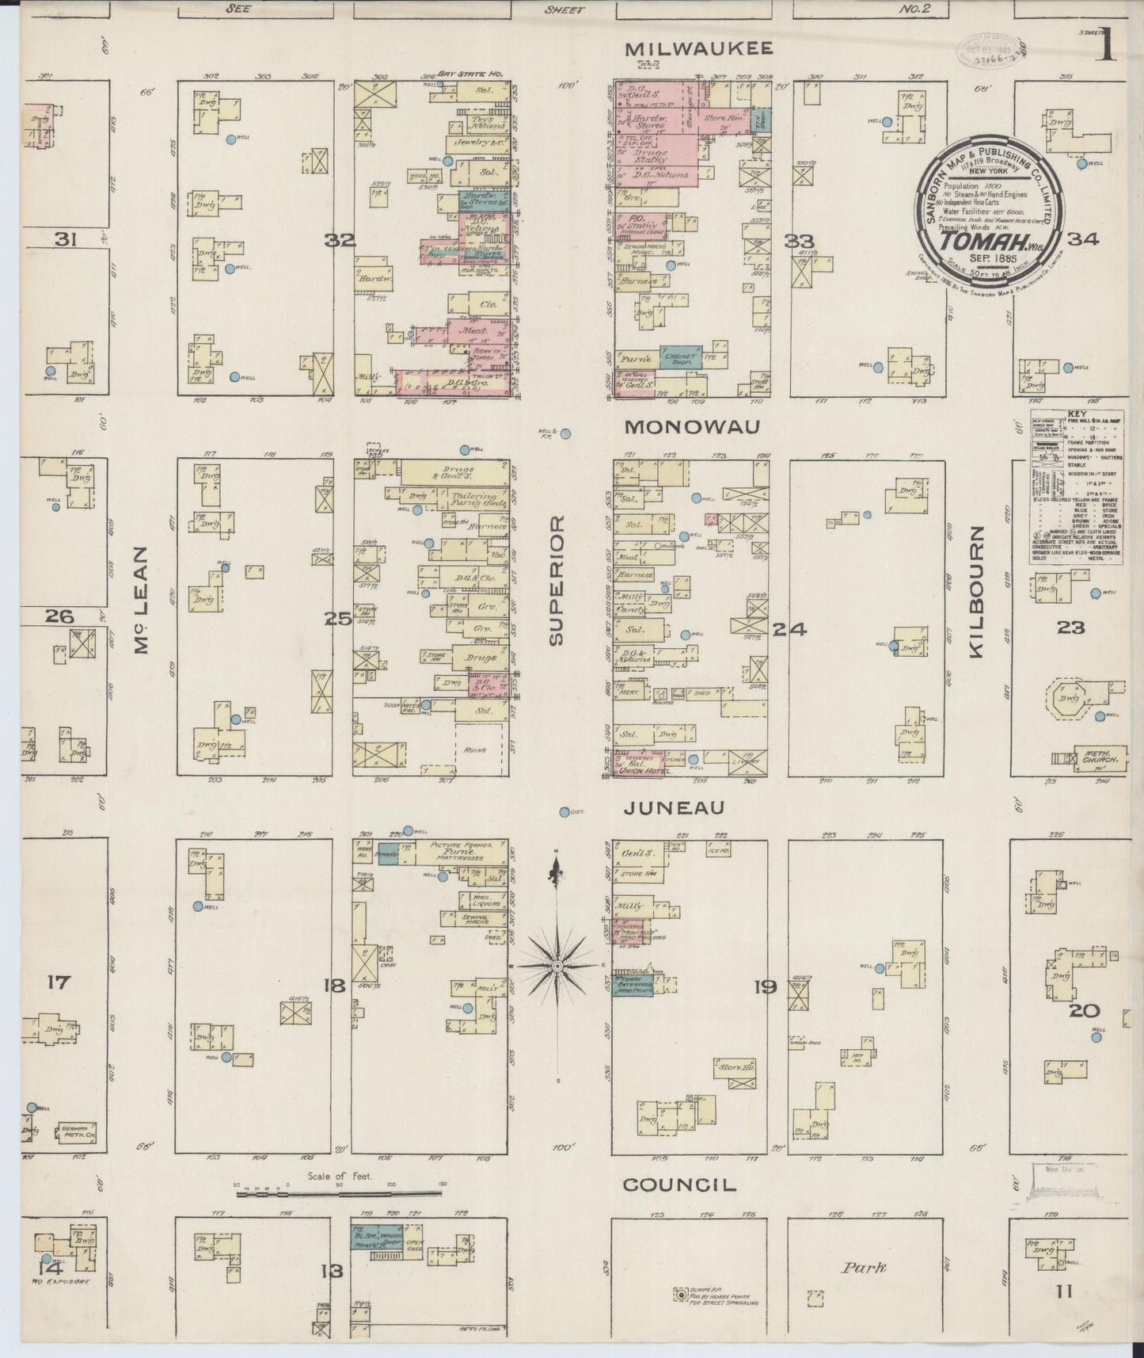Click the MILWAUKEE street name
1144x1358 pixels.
click(x=698, y=49)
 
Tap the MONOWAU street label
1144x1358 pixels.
click(x=692, y=427)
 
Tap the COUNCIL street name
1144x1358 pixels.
click(x=679, y=1185)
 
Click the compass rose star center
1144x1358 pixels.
click(x=558, y=967)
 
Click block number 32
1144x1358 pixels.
click(x=343, y=240)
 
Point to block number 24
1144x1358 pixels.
click(x=789, y=629)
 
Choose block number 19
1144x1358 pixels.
click(x=766, y=987)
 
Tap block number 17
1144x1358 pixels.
click(x=59, y=983)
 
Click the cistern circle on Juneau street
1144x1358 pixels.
click(x=565, y=812)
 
